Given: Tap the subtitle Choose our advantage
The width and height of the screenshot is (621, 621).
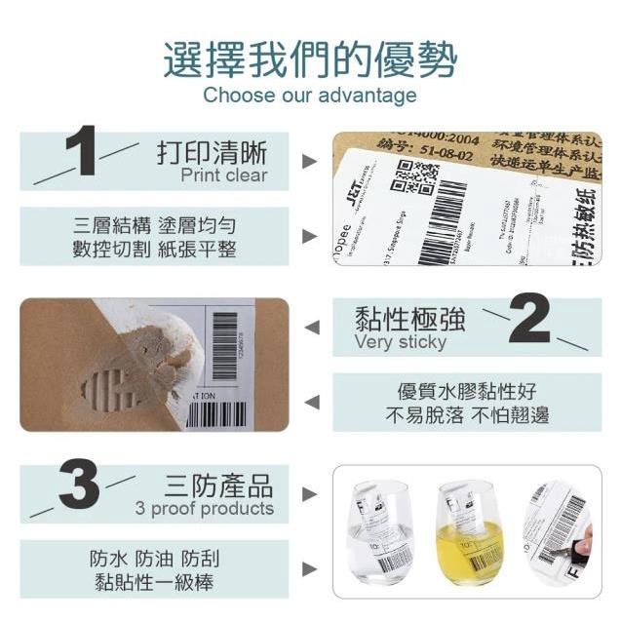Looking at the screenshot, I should pos(309,96).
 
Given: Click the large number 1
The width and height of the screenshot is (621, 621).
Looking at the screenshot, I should pos(84,152).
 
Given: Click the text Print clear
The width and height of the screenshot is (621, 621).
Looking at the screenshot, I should pos(223,176).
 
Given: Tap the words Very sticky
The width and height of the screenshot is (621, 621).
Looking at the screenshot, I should pos(400,342).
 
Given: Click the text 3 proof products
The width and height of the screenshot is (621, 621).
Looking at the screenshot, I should pos(205,509).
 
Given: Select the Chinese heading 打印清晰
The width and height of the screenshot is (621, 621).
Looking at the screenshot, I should pos(212,153).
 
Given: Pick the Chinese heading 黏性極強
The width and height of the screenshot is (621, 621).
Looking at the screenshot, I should pos(409,319).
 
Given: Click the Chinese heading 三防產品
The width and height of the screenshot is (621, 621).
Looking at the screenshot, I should pos(218,485).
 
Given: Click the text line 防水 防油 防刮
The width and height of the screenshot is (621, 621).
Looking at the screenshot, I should pos(155,559).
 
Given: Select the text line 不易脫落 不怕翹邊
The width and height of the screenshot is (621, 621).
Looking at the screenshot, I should pos(466,415).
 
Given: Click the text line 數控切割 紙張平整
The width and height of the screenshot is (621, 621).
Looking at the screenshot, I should pos(155,249).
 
